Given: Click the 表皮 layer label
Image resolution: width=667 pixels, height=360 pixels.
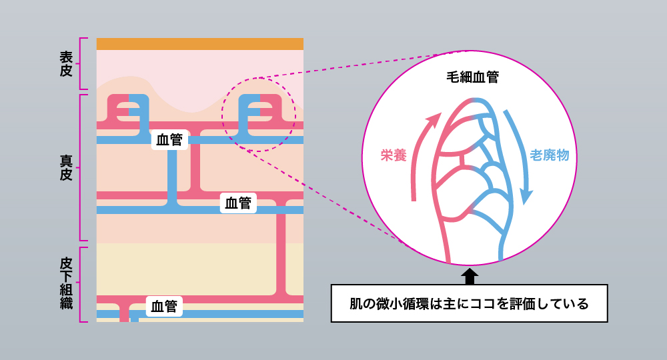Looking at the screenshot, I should point(65,63).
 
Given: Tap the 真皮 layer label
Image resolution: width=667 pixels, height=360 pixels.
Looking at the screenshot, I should point(65,167).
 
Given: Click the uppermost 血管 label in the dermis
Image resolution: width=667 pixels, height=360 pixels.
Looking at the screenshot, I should point(169,140).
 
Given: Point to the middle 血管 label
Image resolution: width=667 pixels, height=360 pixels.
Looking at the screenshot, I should point(238,203).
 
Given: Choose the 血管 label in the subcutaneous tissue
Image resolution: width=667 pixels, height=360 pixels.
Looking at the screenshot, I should point(164,307).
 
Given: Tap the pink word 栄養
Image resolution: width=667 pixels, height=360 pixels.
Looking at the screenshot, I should point(394,155).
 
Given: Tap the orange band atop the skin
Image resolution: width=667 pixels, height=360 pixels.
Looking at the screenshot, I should point(199,44).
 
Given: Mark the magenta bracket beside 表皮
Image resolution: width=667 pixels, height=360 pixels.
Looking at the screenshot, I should point(82,63).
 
